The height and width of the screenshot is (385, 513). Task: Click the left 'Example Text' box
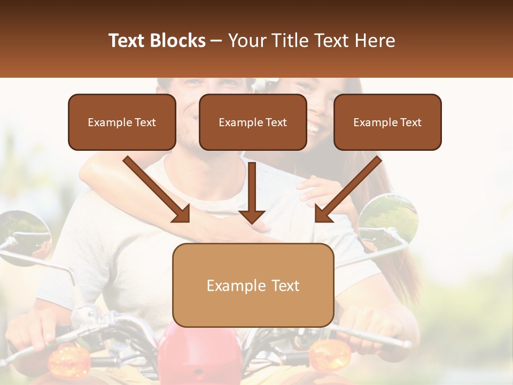(x=122, y=122)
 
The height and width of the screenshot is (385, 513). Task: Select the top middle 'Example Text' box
(x=253, y=122)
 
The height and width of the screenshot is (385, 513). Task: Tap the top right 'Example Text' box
(x=387, y=122)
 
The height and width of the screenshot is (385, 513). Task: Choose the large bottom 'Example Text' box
(x=253, y=286)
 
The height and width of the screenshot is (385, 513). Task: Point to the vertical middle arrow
(x=252, y=192)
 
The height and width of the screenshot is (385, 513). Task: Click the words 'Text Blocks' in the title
(x=157, y=41)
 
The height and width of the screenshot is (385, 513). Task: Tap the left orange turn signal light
(x=69, y=361)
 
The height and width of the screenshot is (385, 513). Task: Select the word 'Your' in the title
(x=247, y=41)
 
